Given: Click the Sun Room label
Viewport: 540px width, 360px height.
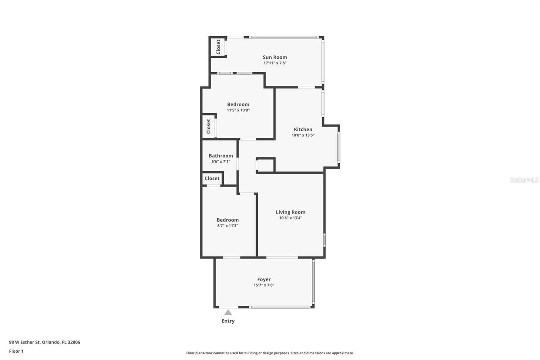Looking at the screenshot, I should [275, 57].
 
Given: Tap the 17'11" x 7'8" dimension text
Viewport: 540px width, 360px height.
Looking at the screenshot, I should [275, 63].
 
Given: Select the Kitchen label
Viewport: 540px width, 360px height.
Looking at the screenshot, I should [303, 130].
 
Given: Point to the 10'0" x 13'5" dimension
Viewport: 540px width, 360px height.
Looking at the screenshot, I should [303, 135].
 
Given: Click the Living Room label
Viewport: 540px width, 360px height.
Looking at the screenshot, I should [290, 212].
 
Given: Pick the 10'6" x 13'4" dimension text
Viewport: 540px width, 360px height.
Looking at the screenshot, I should [290, 218].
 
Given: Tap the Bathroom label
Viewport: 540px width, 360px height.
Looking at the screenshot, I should [221, 156].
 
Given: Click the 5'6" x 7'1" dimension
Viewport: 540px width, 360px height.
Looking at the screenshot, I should [221, 162].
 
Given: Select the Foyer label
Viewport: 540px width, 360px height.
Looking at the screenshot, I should [264, 279].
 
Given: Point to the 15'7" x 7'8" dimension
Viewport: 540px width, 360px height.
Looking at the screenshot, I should [264, 285].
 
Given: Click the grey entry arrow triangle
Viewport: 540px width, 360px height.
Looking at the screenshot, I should [228, 313].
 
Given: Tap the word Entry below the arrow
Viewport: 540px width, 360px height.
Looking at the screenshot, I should [228, 321].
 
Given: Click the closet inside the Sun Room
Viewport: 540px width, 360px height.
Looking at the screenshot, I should [218, 47].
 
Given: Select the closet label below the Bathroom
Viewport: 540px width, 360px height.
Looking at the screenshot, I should [212, 179].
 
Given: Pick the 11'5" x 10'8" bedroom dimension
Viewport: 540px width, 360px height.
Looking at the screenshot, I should [238, 110].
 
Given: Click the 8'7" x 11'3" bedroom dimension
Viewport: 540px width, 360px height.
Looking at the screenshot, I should [227, 226].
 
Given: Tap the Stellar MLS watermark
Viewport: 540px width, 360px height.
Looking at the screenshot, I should [524, 180].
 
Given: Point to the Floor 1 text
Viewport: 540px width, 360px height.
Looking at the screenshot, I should [16, 351].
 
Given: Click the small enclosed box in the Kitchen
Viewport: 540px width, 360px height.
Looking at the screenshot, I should [265, 165].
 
